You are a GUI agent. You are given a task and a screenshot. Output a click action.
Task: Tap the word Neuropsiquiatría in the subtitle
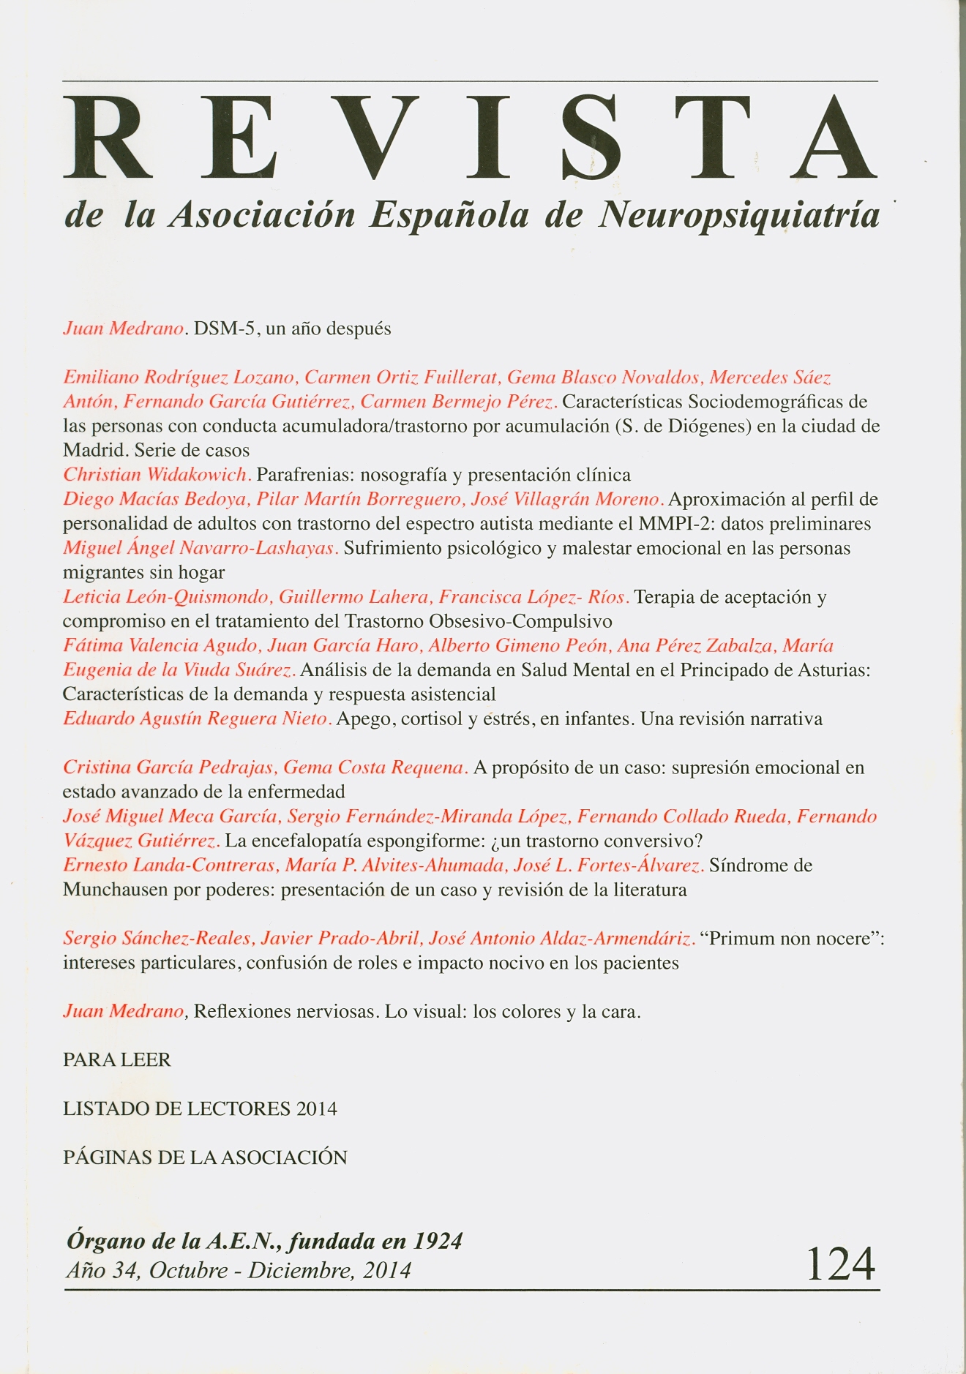[x=739, y=215]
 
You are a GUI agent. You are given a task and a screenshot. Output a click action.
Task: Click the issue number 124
[x=840, y=1264]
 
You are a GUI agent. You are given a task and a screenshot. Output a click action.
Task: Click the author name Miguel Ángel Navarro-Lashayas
[x=200, y=548]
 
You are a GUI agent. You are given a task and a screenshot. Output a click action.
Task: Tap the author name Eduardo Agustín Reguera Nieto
[x=197, y=719]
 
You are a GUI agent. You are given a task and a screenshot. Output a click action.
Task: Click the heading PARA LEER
[x=117, y=1060]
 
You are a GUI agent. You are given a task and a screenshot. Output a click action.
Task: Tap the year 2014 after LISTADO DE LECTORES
[x=316, y=1109]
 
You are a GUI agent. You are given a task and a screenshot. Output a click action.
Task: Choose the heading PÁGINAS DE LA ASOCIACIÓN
[x=205, y=1157]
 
